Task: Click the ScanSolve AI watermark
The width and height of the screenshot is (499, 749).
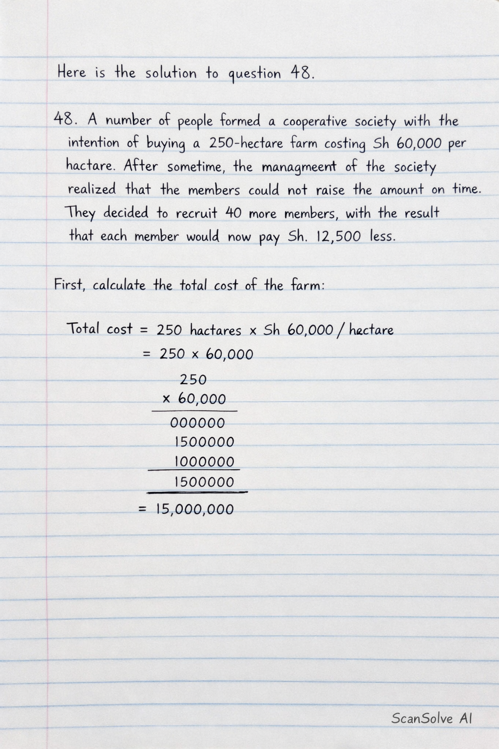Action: [431, 718]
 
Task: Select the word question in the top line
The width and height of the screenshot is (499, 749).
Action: [254, 74]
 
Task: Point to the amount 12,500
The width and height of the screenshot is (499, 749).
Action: [339, 237]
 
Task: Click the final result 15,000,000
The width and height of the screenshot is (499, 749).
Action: [194, 510]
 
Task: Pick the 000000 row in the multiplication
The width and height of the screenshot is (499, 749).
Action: [197, 423]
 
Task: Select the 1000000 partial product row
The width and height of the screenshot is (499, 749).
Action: [204, 461]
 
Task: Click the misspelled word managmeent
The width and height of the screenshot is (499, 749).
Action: [299, 167]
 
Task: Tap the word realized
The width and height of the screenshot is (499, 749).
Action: [92, 189]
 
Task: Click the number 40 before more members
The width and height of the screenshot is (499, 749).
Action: [233, 213]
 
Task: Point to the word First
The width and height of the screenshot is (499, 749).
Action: [70, 284]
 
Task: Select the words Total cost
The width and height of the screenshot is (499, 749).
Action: [99, 329]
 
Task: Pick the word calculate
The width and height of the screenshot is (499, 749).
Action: [119, 285]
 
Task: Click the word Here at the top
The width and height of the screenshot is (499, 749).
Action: [71, 73]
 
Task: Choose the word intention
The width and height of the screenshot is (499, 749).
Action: [93, 143]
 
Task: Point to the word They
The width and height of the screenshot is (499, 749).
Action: [80, 213]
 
